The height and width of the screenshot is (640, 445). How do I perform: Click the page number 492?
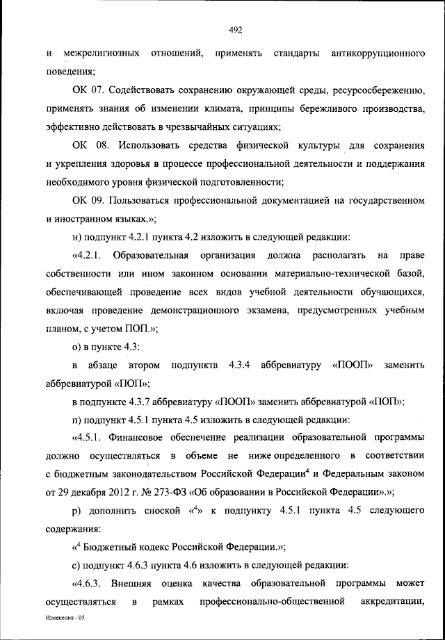pyautogui.click(x=234, y=28)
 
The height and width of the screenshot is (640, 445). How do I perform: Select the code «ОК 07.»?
pyautogui.click(x=87, y=91)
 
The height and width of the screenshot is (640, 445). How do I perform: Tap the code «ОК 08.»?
pyautogui.click(x=87, y=145)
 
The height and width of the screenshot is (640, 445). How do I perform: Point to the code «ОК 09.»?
pyautogui.click(x=87, y=200)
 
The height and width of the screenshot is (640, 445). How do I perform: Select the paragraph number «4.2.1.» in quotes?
pyautogui.click(x=87, y=254)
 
